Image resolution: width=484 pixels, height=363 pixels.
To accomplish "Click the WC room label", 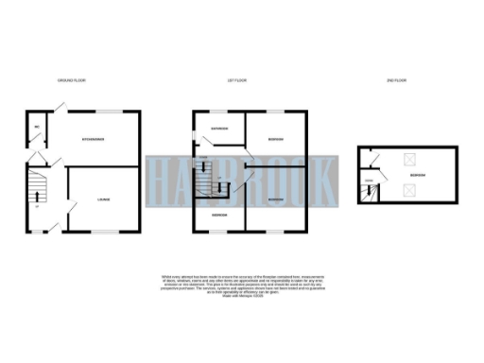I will coord(35,126).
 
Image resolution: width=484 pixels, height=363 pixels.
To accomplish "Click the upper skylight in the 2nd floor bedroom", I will coord(408,162).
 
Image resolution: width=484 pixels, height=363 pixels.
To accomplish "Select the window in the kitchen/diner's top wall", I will coord(104,112).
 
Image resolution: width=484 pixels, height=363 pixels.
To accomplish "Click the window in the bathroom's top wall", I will coord(216,112).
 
